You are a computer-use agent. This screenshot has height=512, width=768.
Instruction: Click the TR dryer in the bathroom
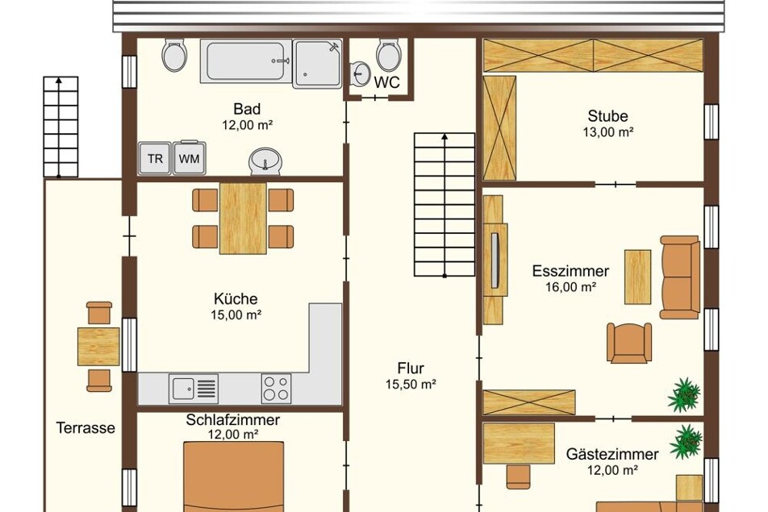coord(155,158)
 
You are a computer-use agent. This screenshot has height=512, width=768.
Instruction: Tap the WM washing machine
coord(189,158)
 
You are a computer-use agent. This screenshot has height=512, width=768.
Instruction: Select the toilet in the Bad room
coord(174,55)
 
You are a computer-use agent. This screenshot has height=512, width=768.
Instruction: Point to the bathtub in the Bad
coord(246,61)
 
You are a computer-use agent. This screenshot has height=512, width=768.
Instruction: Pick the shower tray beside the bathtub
coord(317,65)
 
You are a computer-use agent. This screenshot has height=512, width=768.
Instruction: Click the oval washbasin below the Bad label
coord(265,160)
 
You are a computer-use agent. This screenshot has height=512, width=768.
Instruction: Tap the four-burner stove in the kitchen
coord(276,388)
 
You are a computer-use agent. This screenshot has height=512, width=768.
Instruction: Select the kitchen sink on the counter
coord(194,388)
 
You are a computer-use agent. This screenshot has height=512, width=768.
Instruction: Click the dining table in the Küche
coord(243,219)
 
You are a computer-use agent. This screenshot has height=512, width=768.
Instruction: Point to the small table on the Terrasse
coord(98,347)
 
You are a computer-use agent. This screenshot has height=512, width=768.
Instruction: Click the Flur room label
coord(411,368)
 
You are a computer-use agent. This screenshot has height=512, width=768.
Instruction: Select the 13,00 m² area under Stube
coord(607,131)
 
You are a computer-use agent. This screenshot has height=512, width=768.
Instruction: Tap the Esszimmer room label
coord(570,271)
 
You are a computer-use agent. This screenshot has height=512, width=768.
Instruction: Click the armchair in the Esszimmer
coord(629,342)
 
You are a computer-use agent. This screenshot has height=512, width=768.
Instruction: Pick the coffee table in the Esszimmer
coord(637,277)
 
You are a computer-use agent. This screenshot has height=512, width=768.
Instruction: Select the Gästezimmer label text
coord(612,454)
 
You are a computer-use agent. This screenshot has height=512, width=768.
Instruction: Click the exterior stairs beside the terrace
coord(61,127)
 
